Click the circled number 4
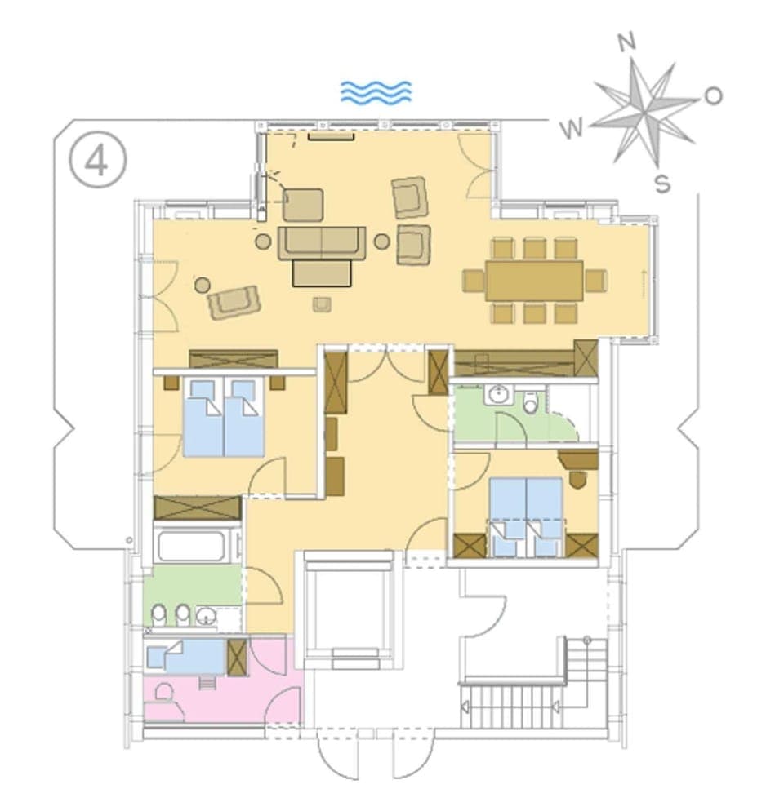click(97, 161)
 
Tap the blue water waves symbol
click(376, 92)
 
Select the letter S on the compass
click(662, 184)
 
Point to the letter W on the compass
click(574, 127)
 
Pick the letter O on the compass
click(713, 96)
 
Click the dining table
click(534, 280)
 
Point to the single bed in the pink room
click(186, 656)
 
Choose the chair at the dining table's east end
click(596, 281)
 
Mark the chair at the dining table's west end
click(474, 281)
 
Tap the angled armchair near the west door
click(234, 301)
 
